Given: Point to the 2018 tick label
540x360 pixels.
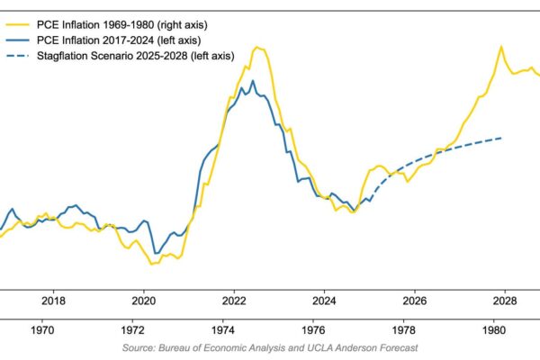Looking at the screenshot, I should pyautogui.click(x=54, y=301).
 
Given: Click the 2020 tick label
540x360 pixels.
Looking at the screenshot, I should pyautogui.click(x=144, y=301).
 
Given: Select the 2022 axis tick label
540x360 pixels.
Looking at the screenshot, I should pyautogui.click(x=234, y=301).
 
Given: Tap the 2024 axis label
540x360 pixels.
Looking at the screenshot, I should pyautogui.click(x=324, y=301).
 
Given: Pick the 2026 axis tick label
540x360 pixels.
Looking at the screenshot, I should pyautogui.click(x=414, y=301).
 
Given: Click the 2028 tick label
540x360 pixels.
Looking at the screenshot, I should pyautogui.click(x=504, y=301).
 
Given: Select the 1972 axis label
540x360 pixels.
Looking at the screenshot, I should pyautogui.click(x=134, y=328).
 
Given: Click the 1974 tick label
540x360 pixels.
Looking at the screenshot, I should pyautogui.click(x=224, y=328).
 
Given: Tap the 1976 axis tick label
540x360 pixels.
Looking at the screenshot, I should pyautogui.click(x=314, y=328).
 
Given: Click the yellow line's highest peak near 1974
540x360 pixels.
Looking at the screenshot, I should pyautogui.click(x=257, y=47).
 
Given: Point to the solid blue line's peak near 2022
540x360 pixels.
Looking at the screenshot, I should pyautogui.click(x=254, y=81).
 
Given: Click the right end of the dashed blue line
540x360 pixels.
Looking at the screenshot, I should pyautogui.click(x=501, y=137).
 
